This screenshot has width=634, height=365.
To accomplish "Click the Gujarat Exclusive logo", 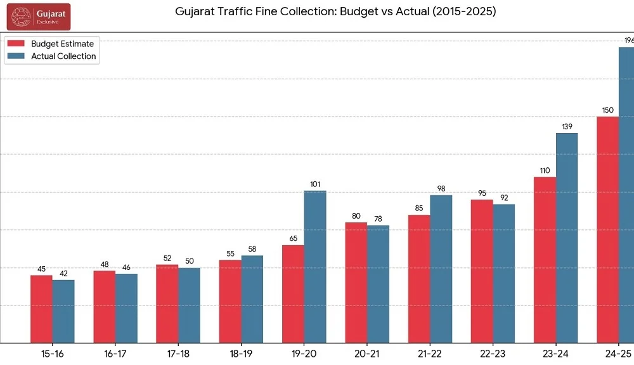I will pyautogui.click(x=39, y=16).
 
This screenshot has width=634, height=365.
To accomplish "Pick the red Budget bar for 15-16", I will pyautogui.click(x=41, y=309).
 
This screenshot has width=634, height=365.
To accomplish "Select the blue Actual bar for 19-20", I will pyautogui.click(x=315, y=267).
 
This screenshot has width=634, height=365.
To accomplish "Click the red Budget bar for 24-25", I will pyautogui.click(x=608, y=229).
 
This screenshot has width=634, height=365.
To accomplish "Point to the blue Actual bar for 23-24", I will pyautogui.click(x=567, y=238).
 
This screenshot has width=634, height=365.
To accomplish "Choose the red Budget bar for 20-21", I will pyautogui.click(x=356, y=283).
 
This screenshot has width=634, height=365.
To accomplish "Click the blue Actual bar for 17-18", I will pyautogui.click(x=189, y=305).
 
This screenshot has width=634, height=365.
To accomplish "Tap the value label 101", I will pyautogui.click(x=315, y=184).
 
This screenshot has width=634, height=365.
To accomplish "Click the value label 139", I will pyautogui.click(x=567, y=127).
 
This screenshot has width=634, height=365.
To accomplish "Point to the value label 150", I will pyautogui.click(x=608, y=110).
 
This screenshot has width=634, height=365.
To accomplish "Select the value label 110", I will pyautogui.click(x=545, y=170).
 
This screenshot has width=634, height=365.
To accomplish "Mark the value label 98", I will pyautogui.click(x=441, y=189).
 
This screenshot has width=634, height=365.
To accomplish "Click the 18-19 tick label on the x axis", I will pyautogui.click(x=242, y=354).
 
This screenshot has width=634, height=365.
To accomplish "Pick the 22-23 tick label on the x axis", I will pyautogui.click(x=493, y=354).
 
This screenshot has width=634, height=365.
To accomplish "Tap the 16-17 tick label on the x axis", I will pyautogui.click(x=115, y=354).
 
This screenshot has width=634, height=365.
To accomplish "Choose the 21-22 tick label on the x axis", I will pyautogui.click(x=430, y=354).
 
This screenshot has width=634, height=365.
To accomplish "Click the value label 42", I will pyautogui.click(x=63, y=274).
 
